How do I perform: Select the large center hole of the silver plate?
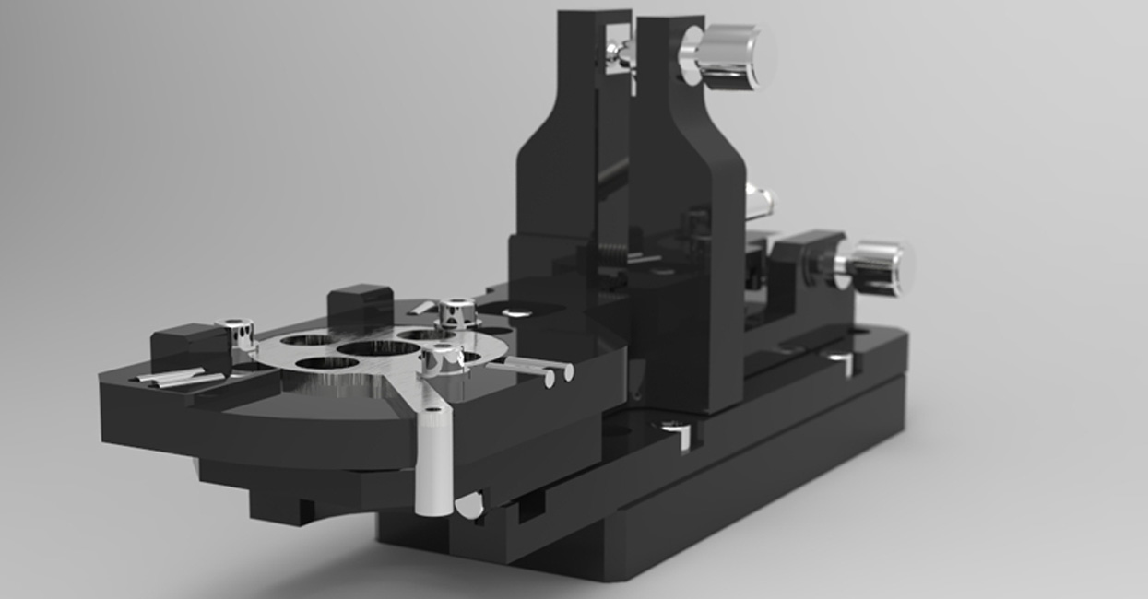coord(379,348)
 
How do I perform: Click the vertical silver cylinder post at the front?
coord(433,461)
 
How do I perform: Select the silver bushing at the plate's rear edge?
coord(455,312)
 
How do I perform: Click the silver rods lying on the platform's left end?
coord(175,377)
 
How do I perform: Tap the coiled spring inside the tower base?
coord(614,253)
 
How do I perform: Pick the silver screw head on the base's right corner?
coord(842,360)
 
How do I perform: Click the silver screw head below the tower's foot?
coord(672,429)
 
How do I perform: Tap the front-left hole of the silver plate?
coord(326,362)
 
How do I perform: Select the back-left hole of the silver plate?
coord(307,340)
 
